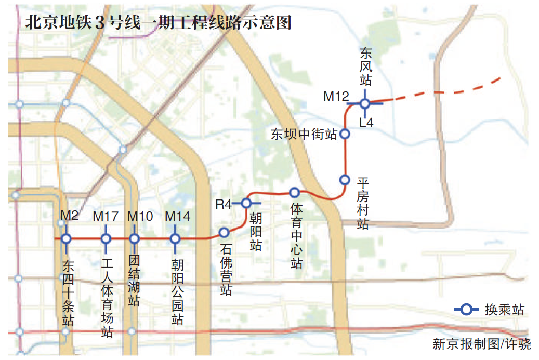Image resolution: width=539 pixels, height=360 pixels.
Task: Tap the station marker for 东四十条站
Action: (66, 239)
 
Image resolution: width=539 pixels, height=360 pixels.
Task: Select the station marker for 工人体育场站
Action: (106, 239)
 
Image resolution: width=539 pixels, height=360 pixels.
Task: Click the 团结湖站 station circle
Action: (134, 239)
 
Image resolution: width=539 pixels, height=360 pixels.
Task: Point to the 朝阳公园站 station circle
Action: (175, 239)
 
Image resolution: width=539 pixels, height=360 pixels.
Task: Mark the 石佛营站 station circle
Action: (224, 232)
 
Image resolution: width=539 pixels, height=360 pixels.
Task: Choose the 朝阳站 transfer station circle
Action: (246, 203)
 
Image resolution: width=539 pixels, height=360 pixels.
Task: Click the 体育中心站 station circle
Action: (294, 193)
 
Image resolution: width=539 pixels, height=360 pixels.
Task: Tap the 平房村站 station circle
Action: (344, 180)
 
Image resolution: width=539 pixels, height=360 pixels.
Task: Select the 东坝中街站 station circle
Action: (345, 134)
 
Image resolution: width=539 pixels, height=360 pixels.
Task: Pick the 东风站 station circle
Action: (365, 103)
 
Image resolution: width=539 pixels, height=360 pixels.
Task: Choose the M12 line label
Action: (336, 96)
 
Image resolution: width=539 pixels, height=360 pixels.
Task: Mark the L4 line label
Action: (366, 123)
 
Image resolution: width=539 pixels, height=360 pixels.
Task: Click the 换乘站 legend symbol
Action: (467, 310)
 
